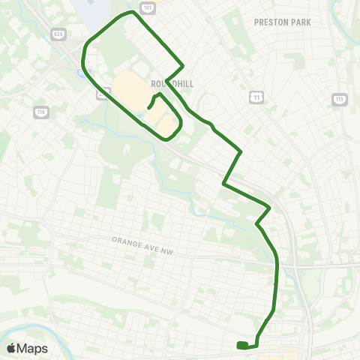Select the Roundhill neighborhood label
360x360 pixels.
(172, 84)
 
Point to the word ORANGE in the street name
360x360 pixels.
(126, 241)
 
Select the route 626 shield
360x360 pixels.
(58, 34)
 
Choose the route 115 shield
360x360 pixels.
(339, 99)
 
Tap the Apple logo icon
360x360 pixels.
(11, 348)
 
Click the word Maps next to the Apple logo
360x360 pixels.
(33, 348)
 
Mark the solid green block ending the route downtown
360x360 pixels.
(241, 345)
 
